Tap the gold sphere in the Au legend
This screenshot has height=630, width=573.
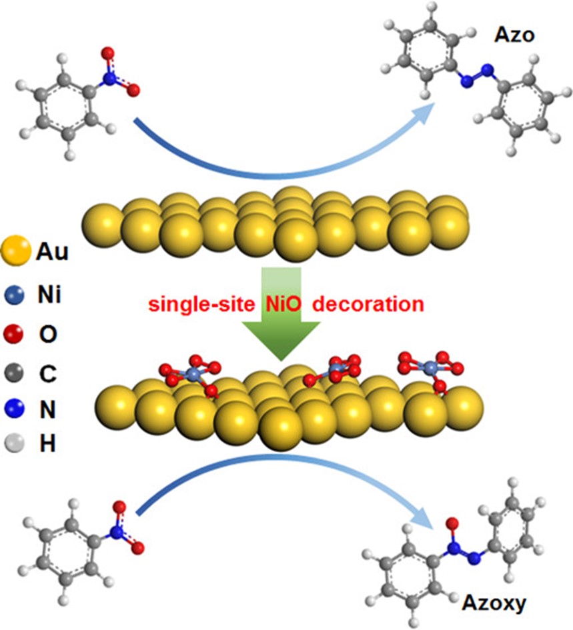coord(16,253)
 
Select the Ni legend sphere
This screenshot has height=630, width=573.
coord(17,295)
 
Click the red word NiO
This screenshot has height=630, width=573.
coord(285,305)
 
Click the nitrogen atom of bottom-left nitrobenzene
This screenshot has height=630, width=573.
coord(117,531)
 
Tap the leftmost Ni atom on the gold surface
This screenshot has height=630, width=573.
coord(193,375)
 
